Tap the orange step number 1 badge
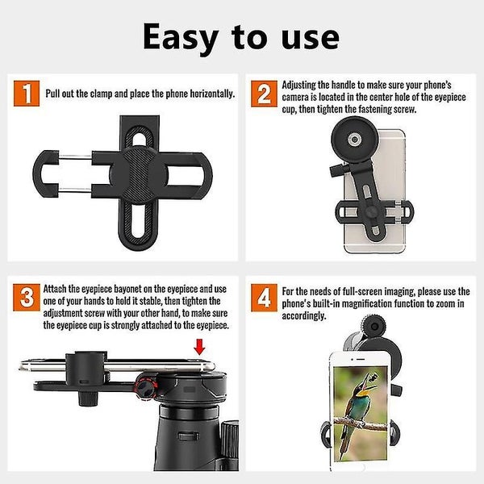tap(27, 94)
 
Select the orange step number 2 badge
tap(264, 94)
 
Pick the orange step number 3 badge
tap(27, 298)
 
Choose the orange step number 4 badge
tap(264, 298)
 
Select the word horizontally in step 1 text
tap(206, 94)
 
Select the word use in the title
tap(307, 36)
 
